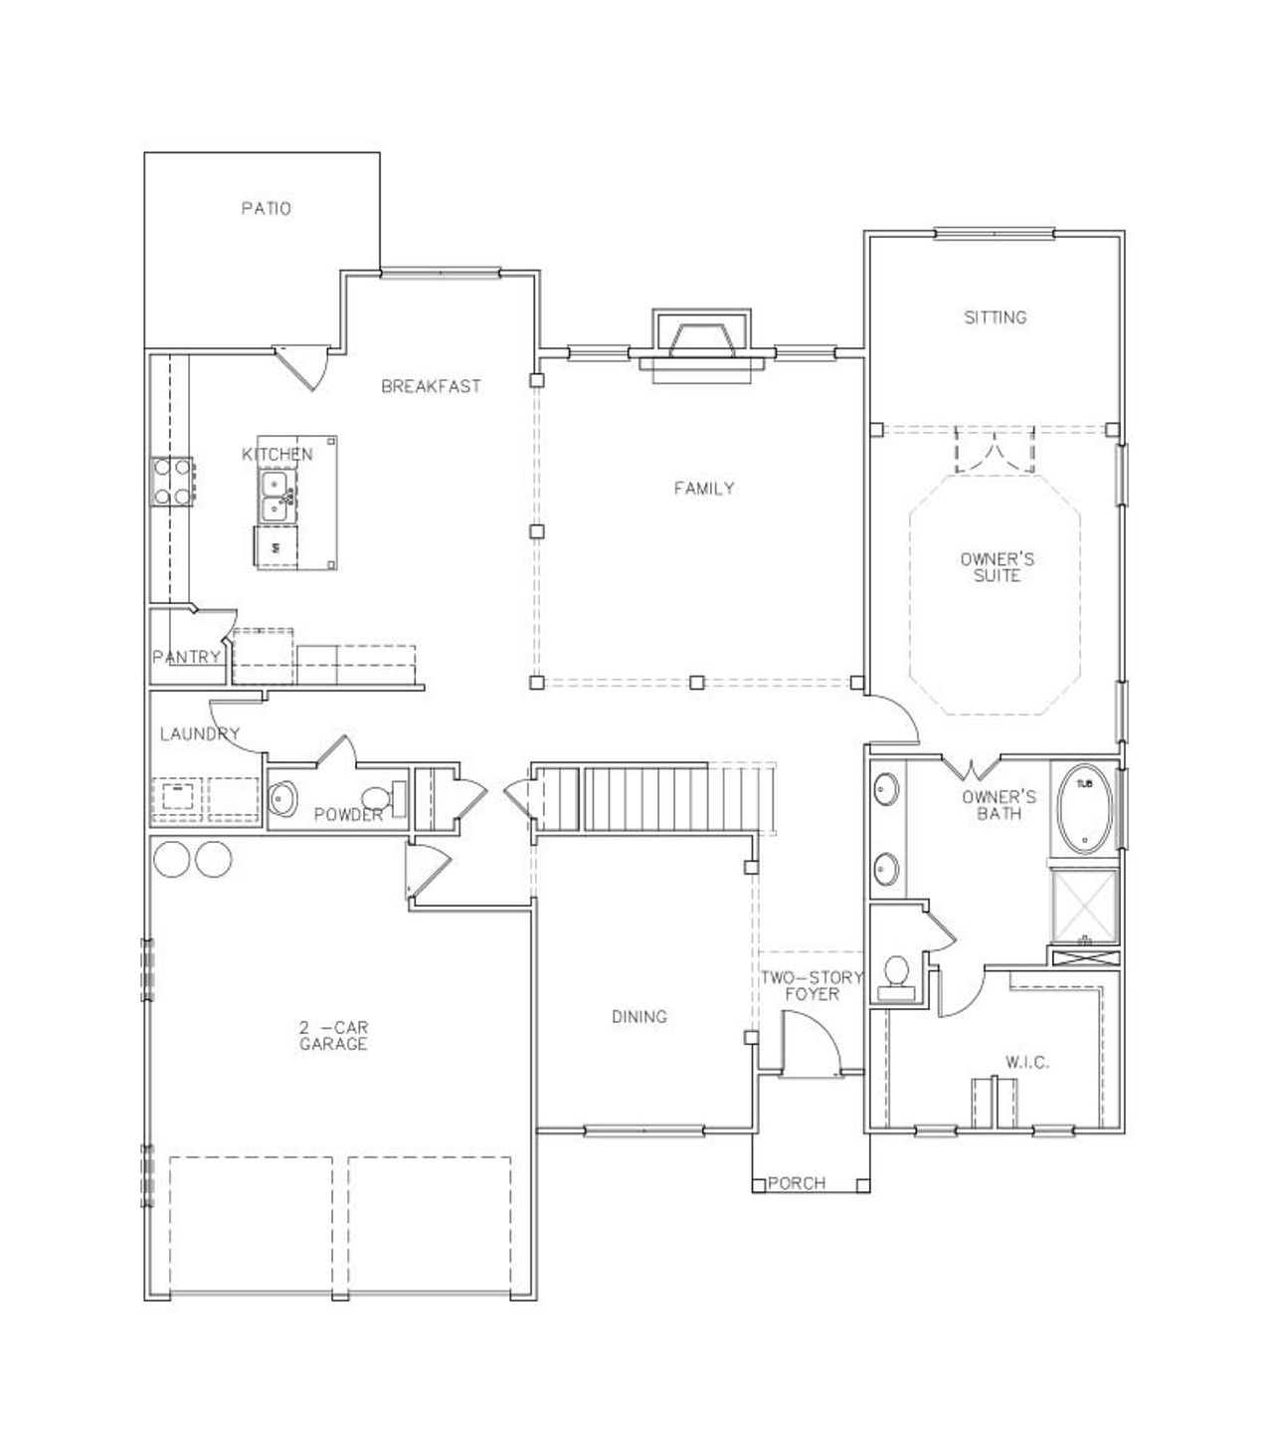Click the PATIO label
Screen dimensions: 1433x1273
[x=266, y=209]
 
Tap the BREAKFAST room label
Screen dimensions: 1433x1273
[x=431, y=386]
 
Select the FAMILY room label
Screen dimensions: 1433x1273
[x=703, y=488]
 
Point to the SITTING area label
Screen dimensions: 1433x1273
[x=995, y=317]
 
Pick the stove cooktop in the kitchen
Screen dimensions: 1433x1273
[x=171, y=481]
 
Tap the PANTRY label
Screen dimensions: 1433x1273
[x=186, y=657]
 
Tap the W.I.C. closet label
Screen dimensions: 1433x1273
[x=1026, y=1063]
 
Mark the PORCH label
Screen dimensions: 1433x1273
[x=797, y=1183]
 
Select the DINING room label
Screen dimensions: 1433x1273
[x=638, y=1016]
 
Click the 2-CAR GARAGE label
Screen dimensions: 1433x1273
[x=333, y=1035]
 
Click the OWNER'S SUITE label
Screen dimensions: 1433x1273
[x=997, y=567]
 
